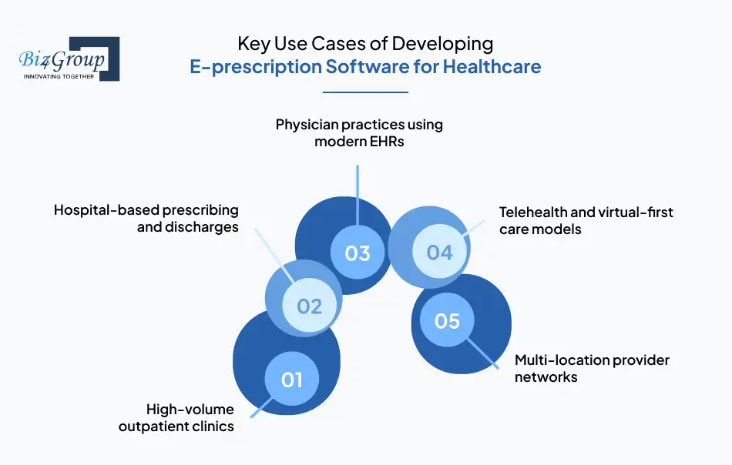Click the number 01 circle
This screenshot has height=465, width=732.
tap(291, 379)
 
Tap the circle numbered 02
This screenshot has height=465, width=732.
tap(309, 306)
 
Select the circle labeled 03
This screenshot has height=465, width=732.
tap(358, 253)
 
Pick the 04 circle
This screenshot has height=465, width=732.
tap(439, 252)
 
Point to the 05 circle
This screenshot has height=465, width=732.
tap(447, 319)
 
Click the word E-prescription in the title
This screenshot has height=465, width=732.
tap(256, 67)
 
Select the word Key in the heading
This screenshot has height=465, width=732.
tap(253, 43)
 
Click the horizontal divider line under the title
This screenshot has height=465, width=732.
tap(365, 92)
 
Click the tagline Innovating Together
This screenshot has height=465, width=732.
tap(59, 76)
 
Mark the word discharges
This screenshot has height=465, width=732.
tap(203, 227)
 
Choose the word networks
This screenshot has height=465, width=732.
tap(546, 377)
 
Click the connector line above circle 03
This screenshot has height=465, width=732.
tap(358, 192)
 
